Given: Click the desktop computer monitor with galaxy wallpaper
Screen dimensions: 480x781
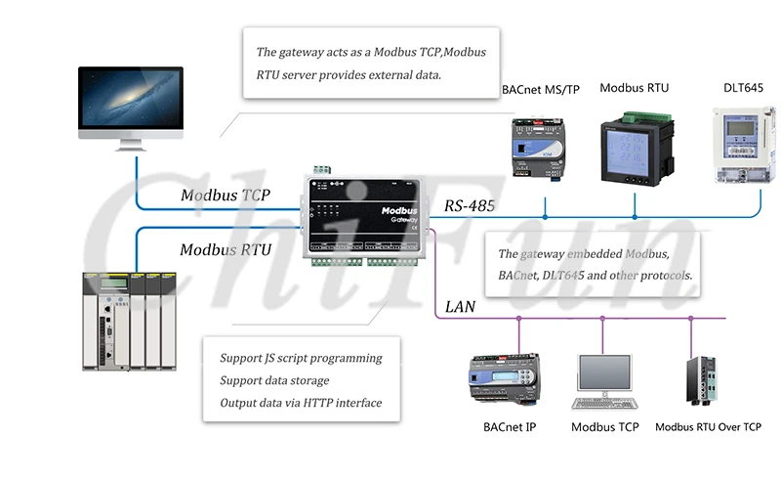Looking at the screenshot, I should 132,104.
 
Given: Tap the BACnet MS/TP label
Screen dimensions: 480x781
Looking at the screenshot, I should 540,90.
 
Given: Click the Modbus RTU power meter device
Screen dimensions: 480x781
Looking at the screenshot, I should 634,147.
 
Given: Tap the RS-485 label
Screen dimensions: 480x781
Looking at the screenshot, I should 470,206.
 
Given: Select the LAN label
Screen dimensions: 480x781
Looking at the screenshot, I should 460,307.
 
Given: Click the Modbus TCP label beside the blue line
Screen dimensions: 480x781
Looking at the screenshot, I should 226,196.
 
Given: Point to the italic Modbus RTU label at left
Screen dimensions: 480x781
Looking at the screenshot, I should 226,250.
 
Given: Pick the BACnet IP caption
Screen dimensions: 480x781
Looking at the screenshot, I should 509,427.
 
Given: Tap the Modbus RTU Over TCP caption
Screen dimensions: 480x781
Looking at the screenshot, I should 708,427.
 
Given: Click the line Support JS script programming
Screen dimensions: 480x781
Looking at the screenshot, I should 301,358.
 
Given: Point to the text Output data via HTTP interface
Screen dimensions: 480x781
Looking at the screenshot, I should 301,403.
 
